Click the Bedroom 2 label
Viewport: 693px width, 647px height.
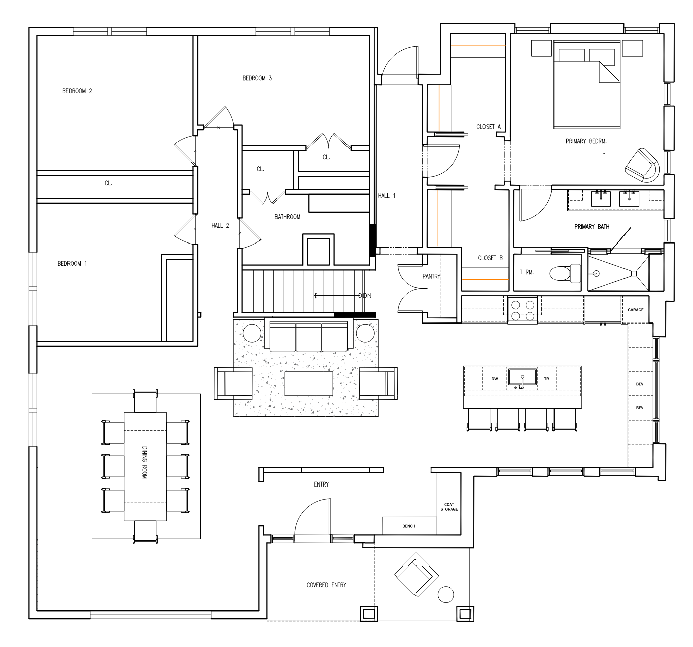coord(77,91)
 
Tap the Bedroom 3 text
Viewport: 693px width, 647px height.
coord(257,78)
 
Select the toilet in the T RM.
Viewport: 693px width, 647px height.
coord(565,273)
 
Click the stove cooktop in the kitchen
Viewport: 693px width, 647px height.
coord(522,310)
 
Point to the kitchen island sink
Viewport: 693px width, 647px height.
coord(522,378)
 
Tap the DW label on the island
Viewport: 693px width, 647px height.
coord(495,379)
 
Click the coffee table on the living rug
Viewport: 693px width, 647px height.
coord(309,383)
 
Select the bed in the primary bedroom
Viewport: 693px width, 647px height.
coord(587,85)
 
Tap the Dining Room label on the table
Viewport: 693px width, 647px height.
coord(145,462)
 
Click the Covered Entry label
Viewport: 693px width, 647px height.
coord(326,585)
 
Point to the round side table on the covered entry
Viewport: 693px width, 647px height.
coord(446,594)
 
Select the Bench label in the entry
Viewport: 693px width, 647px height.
coord(409,526)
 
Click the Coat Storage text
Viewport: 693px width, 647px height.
coord(449,507)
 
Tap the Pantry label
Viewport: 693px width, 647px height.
coord(431,276)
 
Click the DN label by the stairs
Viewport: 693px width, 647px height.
coord(367,296)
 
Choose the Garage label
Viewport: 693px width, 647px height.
coord(636,310)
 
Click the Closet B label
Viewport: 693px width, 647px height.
coord(490,258)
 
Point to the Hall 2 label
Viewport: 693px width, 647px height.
coord(220,226)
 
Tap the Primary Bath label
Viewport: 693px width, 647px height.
coord(592,227)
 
